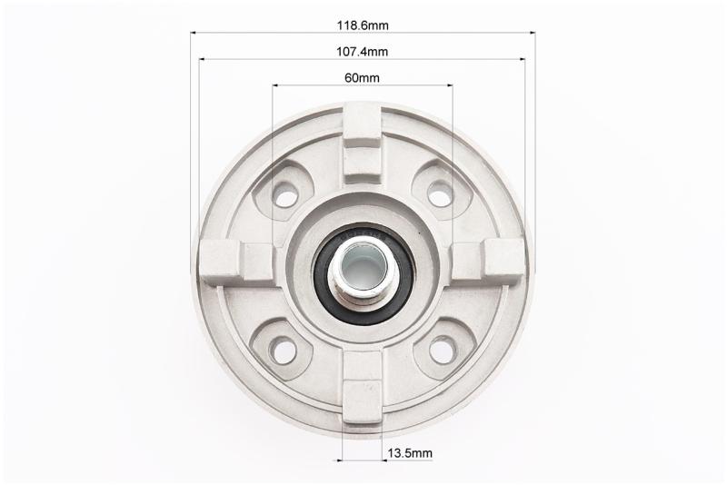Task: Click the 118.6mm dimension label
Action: point(363,25)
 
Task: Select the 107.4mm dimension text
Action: point(362,52)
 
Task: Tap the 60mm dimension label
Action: point(362,78)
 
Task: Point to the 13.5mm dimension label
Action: point(410,453)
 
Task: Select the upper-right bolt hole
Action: point(439,196)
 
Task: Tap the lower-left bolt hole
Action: point(284,351)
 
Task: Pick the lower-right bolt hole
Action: point(440,351)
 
